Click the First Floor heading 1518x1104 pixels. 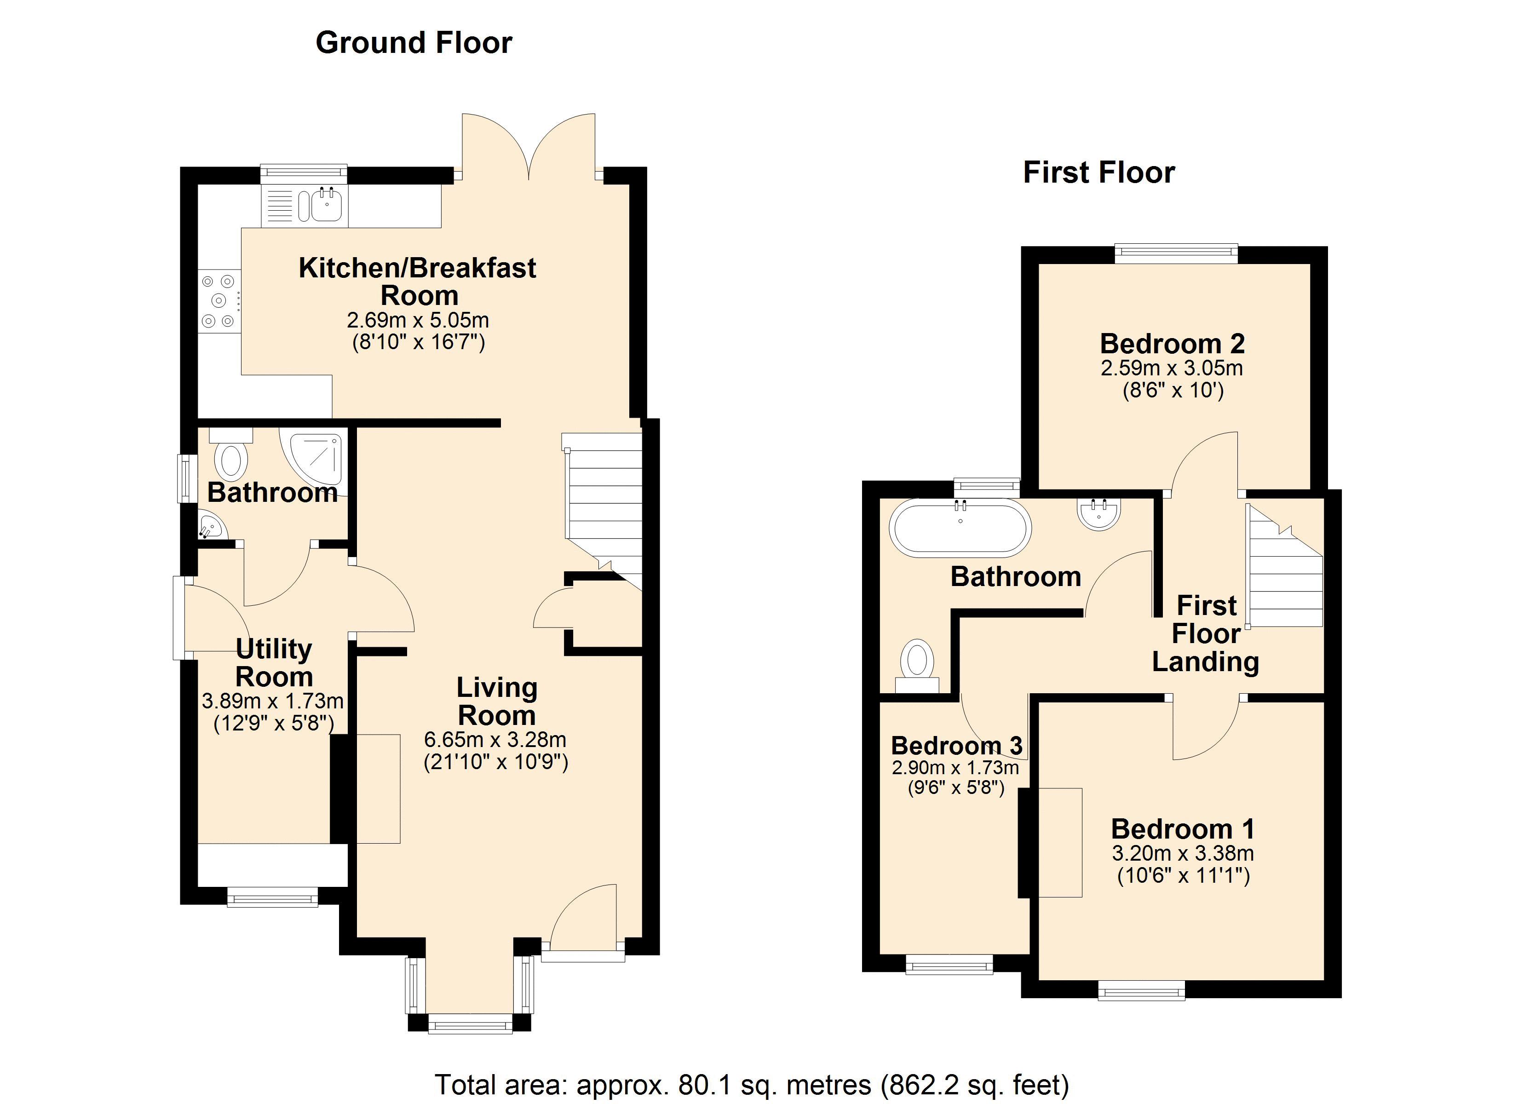pos(1099,173)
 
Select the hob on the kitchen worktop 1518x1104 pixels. pos(219,301)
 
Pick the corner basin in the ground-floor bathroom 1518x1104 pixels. pos(212,526)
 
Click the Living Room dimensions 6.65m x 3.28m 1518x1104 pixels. pos(495,740)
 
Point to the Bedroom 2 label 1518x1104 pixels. pos(1173,344)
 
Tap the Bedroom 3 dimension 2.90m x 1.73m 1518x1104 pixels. pos(956,767)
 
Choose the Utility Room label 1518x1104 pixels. pos(275,663)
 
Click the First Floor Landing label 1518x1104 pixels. pos(1206,633)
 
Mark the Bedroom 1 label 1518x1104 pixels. pos(1183,829)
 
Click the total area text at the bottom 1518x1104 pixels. pos(752,1085)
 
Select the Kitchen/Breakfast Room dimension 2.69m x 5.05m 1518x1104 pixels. pos(418,320)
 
